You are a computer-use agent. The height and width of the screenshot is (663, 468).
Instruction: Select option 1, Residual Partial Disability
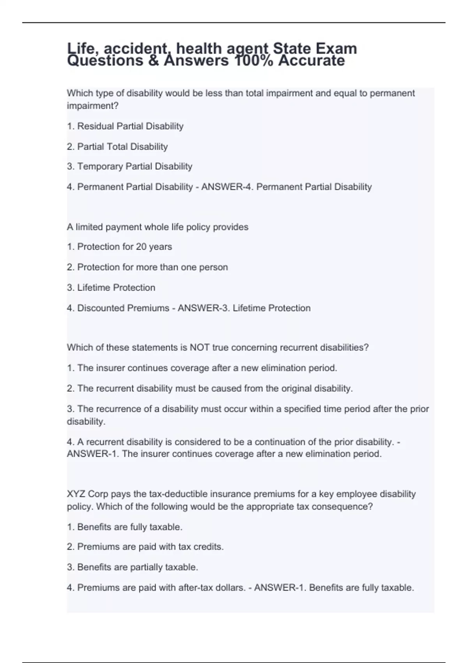[125, 126]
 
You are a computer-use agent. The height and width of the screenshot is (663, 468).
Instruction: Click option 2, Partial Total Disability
[117, 147]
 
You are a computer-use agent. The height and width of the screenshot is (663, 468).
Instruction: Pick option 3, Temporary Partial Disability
[129, 167]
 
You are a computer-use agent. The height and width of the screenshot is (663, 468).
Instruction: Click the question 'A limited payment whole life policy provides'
[158, 227]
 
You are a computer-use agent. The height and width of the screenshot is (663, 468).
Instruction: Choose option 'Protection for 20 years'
[119, 247]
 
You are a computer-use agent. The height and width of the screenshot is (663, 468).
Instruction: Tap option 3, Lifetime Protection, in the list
[111, 288]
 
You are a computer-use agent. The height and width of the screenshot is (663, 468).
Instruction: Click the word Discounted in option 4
[98, 308]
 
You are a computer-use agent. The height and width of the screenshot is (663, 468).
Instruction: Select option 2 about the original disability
[210, 388]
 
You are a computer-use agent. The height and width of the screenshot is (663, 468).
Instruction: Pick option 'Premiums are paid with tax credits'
[145, 547]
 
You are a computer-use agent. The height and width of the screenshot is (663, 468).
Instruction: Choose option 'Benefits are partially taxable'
[133, 567]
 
